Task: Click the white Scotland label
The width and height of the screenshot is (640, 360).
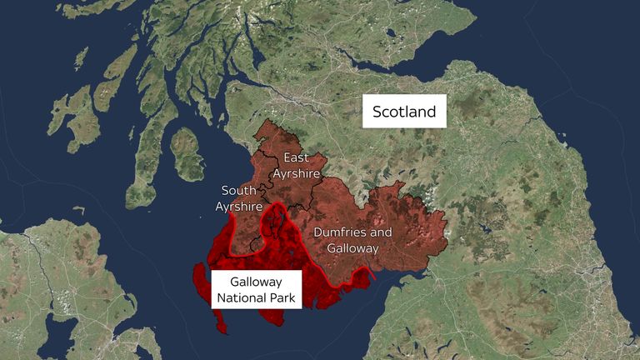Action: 404,111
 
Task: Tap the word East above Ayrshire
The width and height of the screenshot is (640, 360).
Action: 295,157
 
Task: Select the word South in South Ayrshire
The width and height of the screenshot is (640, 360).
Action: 238,190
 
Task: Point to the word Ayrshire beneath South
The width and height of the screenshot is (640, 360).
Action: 239,206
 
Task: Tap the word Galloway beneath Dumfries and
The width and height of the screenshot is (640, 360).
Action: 352,248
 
